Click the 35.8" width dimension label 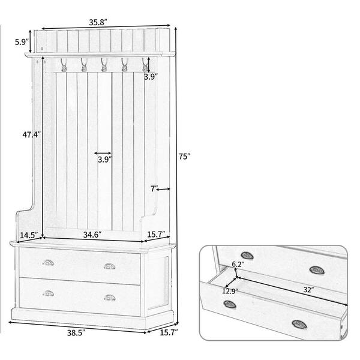coord(98,22)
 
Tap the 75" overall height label coord(185,157)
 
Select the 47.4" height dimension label coord(32,134)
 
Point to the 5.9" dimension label coord(22,42)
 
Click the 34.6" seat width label coord(92,235)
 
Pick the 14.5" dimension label coord(29,235)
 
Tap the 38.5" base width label coord(76,333)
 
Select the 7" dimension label coord(154,189)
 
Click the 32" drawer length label coord(308,290)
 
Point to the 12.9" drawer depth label coord(230,291)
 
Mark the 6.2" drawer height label coord(238,264)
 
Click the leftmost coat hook coord(64,65)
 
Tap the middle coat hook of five coord(104,65)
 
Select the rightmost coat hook coord(145,65)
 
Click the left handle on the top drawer coord(48,263)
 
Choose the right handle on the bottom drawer coord(110,298)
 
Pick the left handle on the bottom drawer coord(48,293)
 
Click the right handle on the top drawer coord(110,266)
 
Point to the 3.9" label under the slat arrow coord(104,160)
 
